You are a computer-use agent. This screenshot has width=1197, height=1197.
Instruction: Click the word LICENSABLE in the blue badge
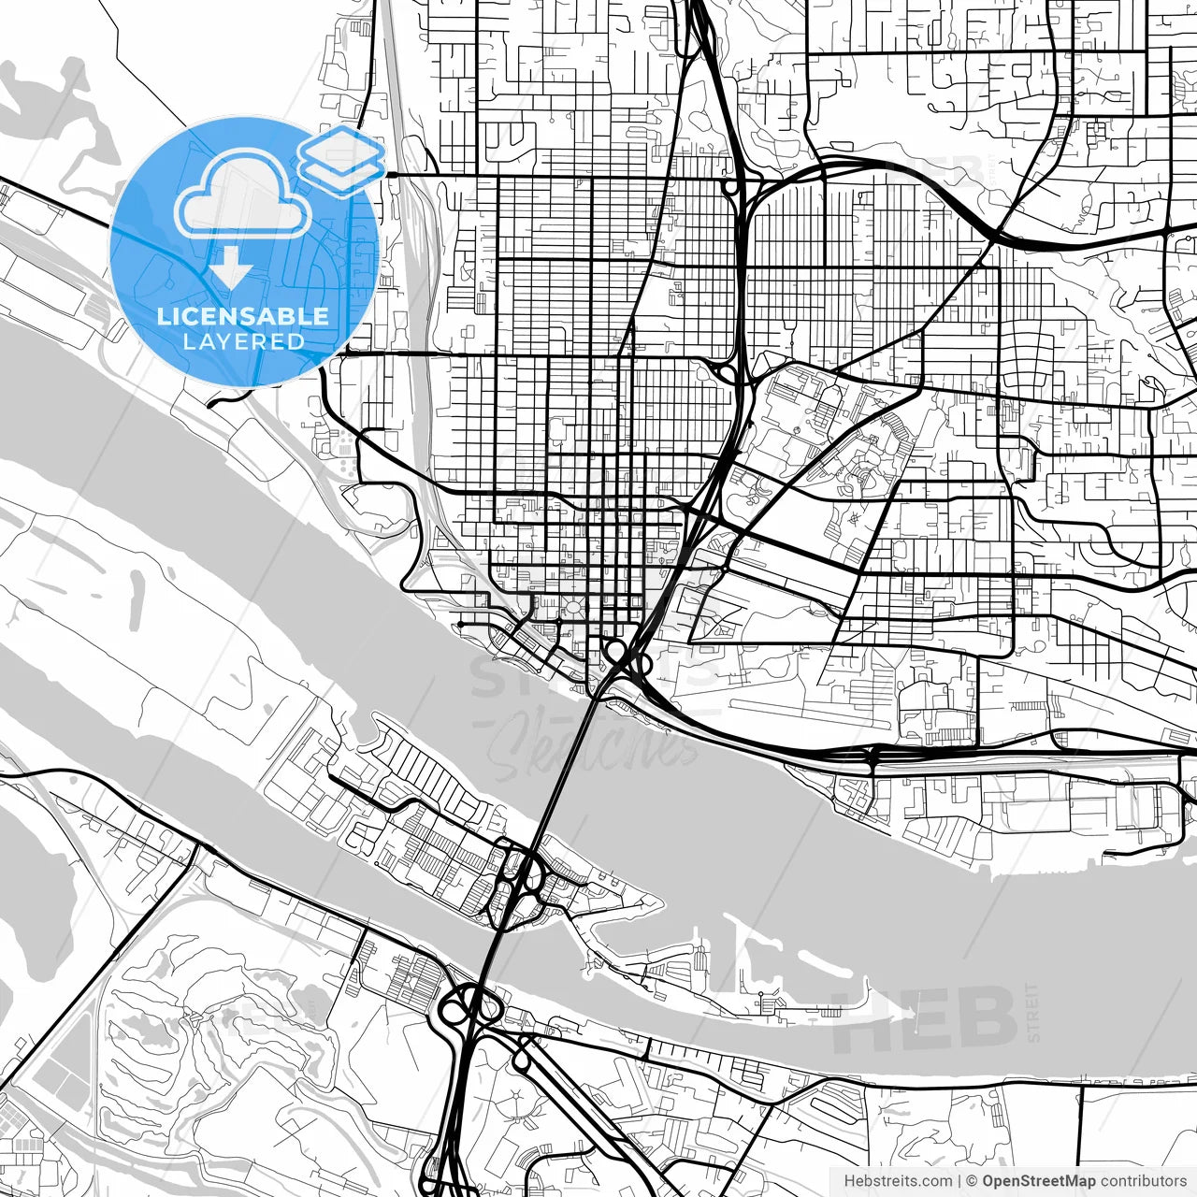pyautogui.click(x=243, y=316)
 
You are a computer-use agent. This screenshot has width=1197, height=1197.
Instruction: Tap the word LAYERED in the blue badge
pyautogui.click(x=243, y=341)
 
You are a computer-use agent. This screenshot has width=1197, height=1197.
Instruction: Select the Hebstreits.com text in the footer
pyautogui.click(x=898, y=1181)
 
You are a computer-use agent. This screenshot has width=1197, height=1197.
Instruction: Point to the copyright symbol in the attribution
pyautogui.click(x=972, y=1181)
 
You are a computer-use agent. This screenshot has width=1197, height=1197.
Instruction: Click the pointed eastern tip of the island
pyautogui.click(x=658, y=903)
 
